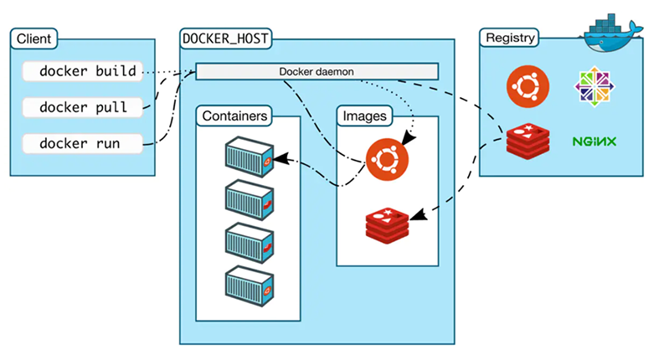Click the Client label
point(32,39)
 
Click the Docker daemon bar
point(317,71)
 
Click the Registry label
point(509,38)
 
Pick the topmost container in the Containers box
point(250,157)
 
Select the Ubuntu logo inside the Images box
point(387,158)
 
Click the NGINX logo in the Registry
point(595,141)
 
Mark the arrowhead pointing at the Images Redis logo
point(416,218)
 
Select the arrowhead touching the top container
point(280,157)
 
